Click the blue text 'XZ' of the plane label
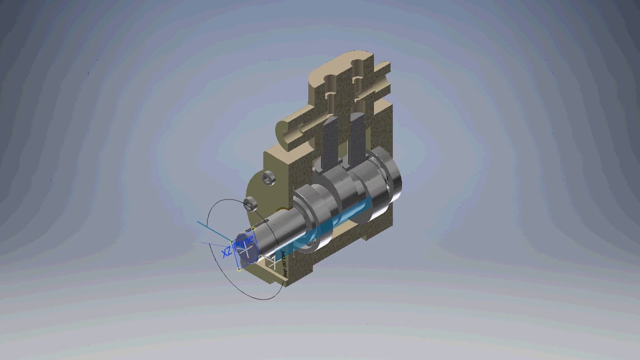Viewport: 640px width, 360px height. tap(226, 251)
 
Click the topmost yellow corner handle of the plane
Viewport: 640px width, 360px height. tap(254, 228)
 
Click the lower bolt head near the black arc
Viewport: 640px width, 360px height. tap(249, 203)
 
